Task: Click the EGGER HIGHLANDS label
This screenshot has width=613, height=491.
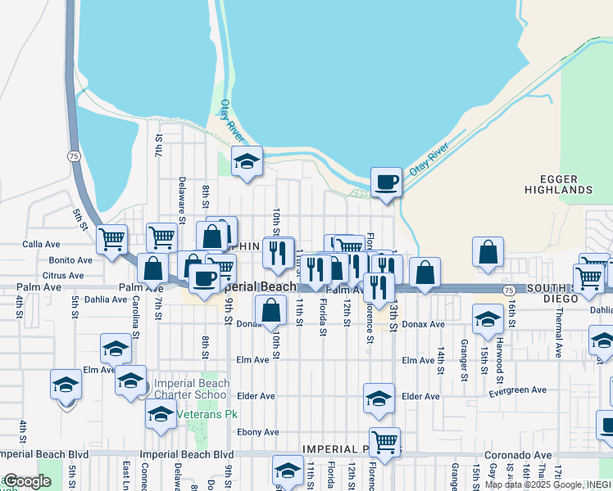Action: (565, 184)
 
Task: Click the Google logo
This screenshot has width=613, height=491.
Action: (26, 481)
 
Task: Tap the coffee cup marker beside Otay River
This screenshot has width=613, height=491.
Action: (386, 182)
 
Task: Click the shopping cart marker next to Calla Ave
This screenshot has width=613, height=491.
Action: (111, 239)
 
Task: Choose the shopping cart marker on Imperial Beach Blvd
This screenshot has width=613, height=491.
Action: (384, 442)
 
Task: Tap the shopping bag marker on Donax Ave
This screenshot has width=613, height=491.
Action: (270, 310)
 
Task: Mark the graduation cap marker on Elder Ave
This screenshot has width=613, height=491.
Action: (379, 399)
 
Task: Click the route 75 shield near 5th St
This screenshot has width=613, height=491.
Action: (74, 155)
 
